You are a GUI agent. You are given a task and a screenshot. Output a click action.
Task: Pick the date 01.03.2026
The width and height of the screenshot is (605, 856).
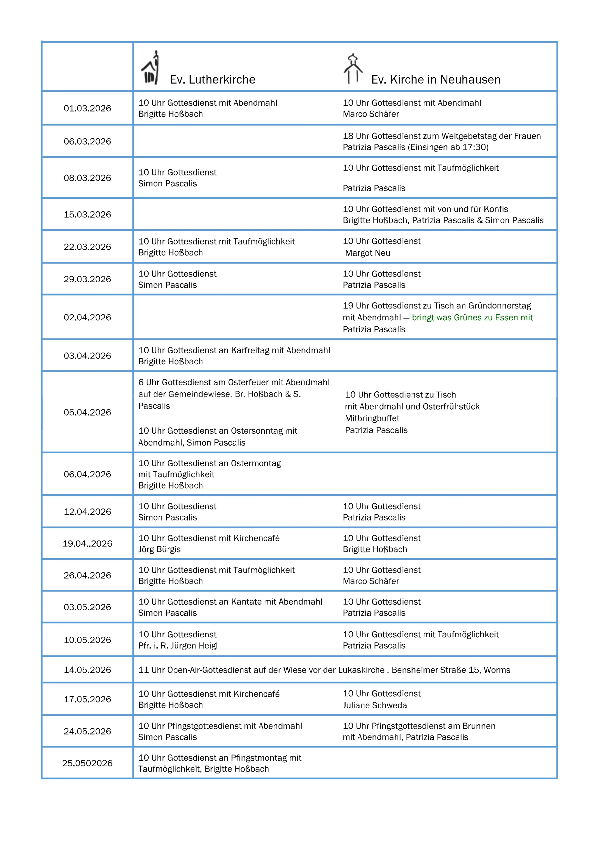(87, 109)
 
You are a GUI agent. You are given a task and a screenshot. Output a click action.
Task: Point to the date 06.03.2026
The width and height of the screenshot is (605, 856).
(87, 142)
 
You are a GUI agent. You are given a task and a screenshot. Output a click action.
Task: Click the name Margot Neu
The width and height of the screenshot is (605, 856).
(368, 253)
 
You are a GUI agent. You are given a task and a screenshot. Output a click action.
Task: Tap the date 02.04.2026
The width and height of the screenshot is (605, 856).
(87, 318)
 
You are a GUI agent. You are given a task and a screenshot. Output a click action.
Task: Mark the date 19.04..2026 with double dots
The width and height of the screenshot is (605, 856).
(87, 544)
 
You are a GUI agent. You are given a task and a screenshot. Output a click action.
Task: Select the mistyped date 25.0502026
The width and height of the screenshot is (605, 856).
(87, 763)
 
